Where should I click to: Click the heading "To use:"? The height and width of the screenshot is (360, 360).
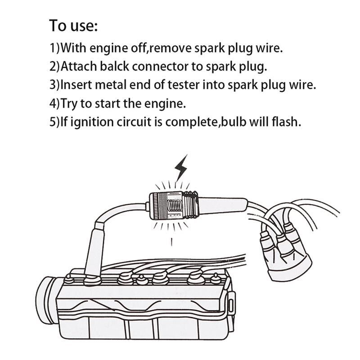point(73,26)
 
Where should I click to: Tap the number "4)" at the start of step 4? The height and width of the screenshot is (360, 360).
point(54,103)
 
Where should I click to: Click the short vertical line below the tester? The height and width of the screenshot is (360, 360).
point(172,242)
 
